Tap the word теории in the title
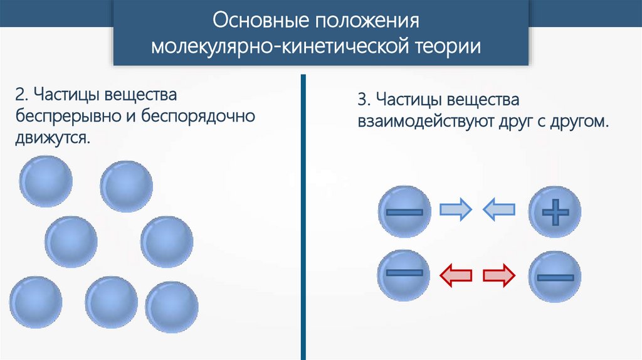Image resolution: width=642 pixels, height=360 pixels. pyautogui.click(x=448, y=47)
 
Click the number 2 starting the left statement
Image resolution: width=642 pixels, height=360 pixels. pyautogui.click(x=21, y=96)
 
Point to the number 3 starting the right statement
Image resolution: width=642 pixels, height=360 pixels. pyautogui.click(x=362, y=100)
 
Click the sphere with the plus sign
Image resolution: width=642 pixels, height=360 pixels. pyautogui.click(x=555, y=212)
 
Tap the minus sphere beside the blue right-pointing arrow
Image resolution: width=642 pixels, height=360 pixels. pyautogui.click(x=405, y=212)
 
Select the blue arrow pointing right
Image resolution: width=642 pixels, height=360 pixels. pyautogui.click(x=455, y=209)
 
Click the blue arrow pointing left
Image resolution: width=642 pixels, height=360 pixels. pyautogui.click(x=499, y=209)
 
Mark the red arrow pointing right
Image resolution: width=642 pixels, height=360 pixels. pyautogui.click(x=499, y=275)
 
